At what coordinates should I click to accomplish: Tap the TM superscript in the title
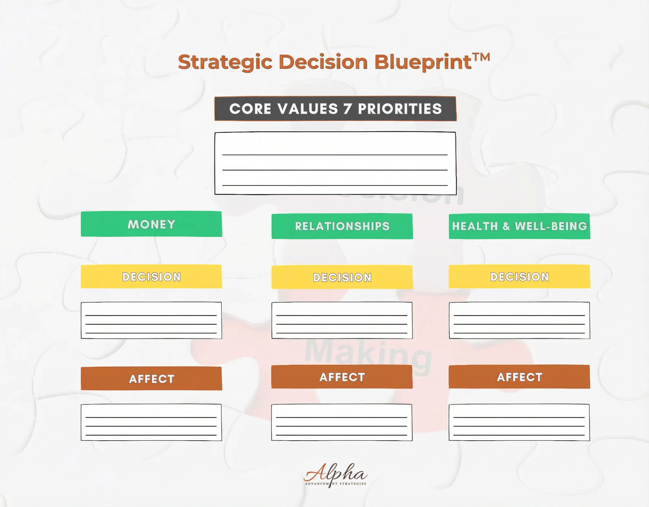point(481,57)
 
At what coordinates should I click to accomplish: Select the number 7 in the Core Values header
point(347,109)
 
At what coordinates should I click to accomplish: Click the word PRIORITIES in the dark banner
point(400,109)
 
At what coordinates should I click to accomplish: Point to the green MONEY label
point(151,224)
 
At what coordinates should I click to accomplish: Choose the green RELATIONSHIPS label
point(342,226)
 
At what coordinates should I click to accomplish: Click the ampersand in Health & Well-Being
point(506,226)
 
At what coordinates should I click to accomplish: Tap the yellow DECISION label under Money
point(151,277)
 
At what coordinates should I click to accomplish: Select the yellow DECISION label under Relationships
point(342,277)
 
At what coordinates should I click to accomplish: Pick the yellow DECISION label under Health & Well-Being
point(519,277)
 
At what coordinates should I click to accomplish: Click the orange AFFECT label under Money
point(151,379)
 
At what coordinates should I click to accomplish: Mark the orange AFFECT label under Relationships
point(342,377)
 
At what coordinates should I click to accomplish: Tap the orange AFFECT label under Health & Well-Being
point(519,377)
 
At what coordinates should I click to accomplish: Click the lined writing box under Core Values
point(335,163)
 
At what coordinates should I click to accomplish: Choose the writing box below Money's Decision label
point(151,320)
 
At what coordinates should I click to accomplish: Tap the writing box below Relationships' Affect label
point(342,422)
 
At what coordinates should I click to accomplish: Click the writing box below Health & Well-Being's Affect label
point(519,422)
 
